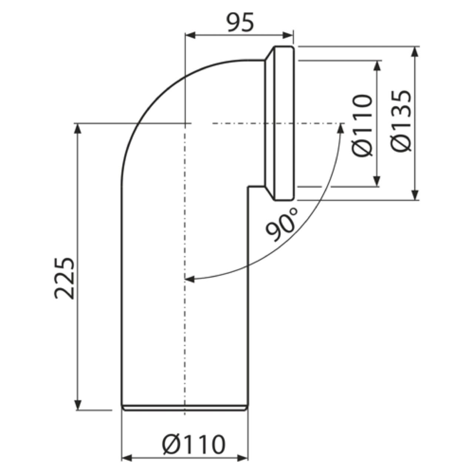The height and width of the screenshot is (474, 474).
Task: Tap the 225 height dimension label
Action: point(64,278)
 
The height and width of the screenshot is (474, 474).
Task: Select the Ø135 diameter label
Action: point(401,121)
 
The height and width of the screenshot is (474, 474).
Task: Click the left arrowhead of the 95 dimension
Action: point(190,35)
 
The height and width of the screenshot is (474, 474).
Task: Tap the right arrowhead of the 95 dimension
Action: point(288,35)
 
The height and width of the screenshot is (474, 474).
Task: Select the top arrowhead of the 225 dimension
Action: point(78,128)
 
